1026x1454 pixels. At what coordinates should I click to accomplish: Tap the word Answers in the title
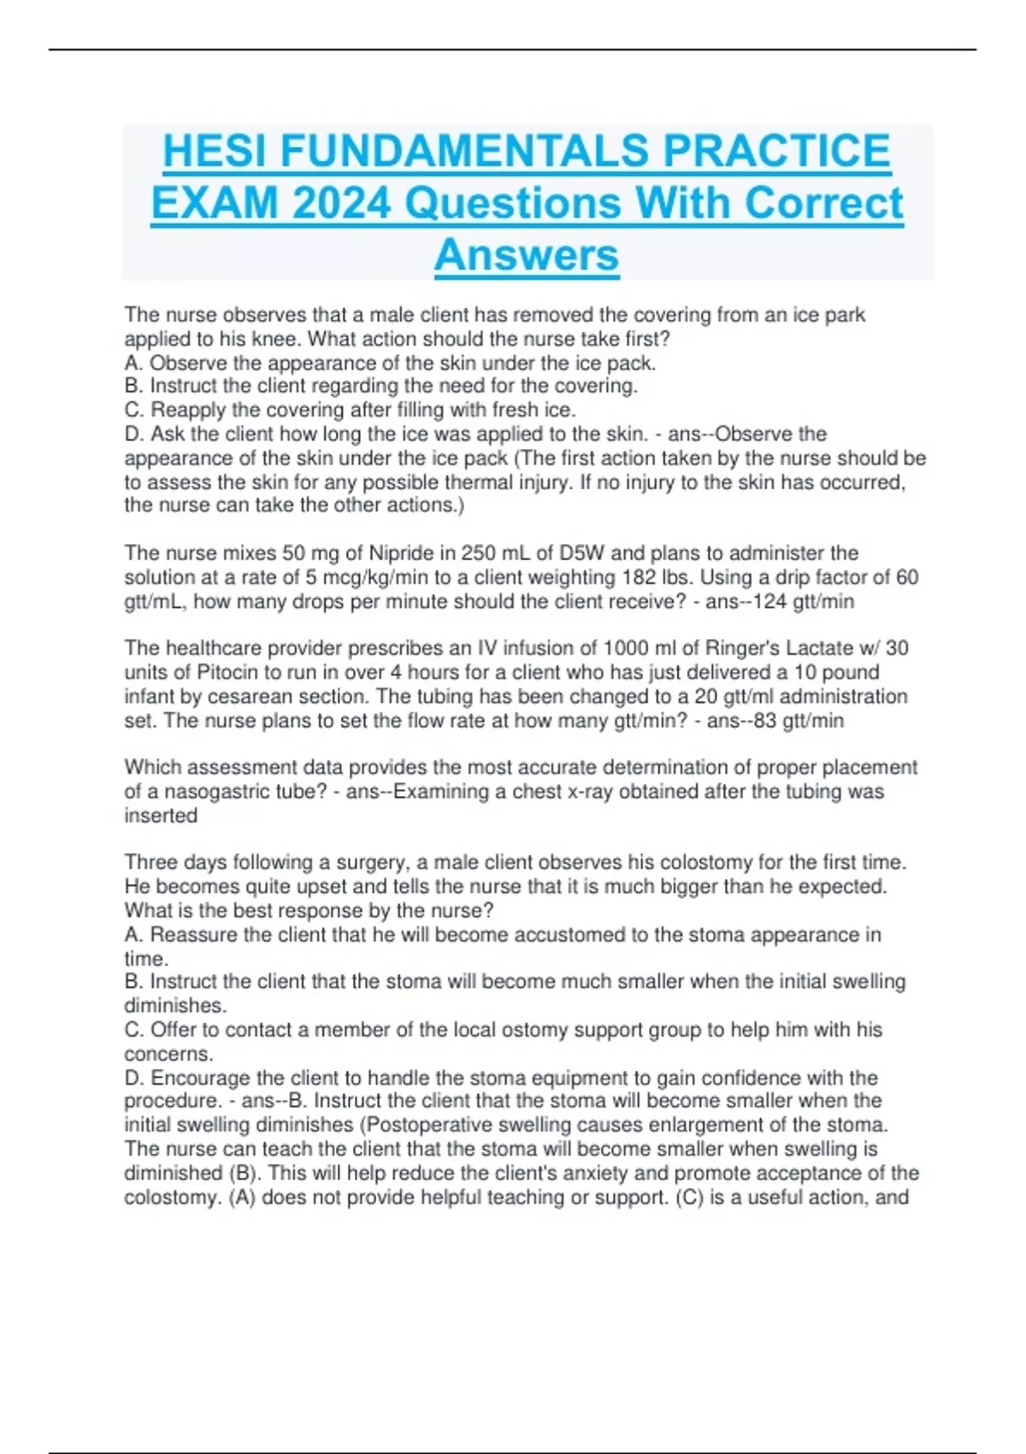(x=527, y=255)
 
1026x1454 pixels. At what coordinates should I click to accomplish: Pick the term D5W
(x=581, y=553)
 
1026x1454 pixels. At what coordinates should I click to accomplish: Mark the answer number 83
(x=764, y=720)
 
